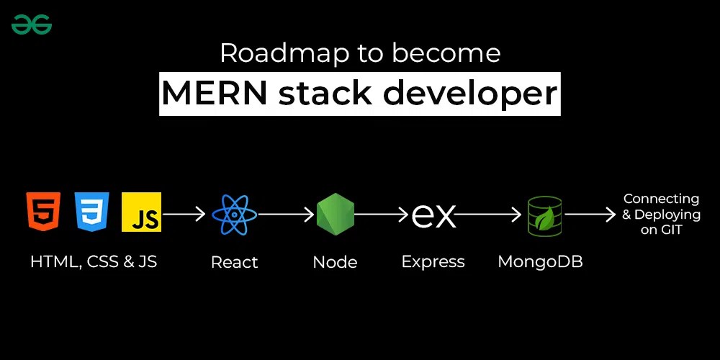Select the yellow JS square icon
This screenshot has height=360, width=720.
(x=141, y=212)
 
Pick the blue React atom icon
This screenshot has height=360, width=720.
(x=235, y=215)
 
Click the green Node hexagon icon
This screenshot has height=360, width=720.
(x=336, y=215)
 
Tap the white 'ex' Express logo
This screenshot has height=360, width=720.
(x=433, y=215)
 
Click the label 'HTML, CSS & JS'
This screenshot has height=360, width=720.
(x=94, y=261)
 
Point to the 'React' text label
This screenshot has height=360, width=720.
(x=235, y=262)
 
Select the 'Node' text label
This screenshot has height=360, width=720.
(x=336, y=262)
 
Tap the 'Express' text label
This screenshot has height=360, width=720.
(x=433, y=262)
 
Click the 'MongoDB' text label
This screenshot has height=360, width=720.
(x=540, y=261)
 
